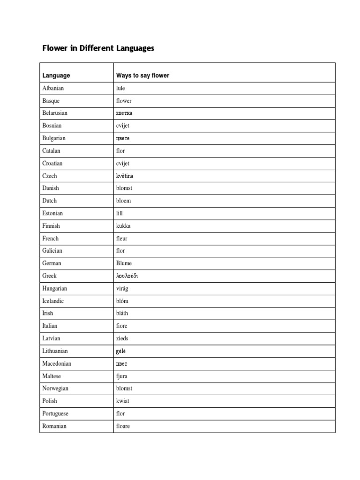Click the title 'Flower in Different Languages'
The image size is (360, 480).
coord(98,48)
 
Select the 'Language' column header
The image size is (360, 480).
coord(56,75)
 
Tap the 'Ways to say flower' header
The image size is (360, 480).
coord(142,75)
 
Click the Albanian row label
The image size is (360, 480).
coord(53,88)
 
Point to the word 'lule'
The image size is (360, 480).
coord(120,88)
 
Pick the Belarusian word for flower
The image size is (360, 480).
coord(124,113)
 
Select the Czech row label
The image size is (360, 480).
coord(50,176)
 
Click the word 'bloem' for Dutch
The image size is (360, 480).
coord(123,201)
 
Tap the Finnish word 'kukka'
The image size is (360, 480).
coord(123,226)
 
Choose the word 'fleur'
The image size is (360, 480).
coord(121,238)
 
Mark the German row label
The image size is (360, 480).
coord(52,263)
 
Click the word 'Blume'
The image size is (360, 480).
coord(124,263)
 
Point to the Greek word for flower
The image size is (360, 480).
coord(127,276)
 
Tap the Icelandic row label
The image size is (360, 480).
coord(53,301)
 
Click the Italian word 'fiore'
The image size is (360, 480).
coord(121,326)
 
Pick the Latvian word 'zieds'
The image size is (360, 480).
coord(122,338)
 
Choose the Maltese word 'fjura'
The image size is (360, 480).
coord(121,376)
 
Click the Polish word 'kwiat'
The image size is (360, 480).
coord(122,401)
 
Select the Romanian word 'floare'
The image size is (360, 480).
coord(123,426)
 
